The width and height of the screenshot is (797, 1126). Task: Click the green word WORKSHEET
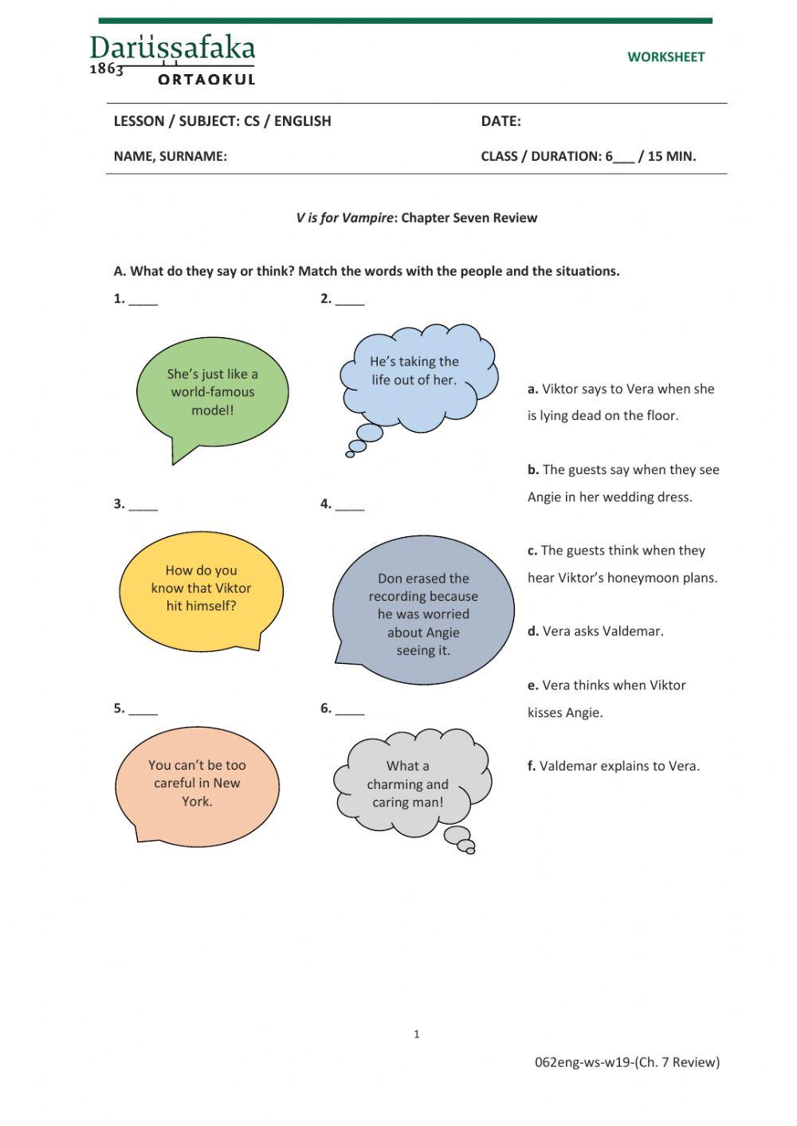tap(665, 57)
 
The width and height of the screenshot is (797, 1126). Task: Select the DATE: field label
tap(501, 121)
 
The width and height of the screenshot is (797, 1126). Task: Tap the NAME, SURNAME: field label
tap(170, 156)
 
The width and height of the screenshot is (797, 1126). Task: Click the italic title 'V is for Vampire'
tap(344, 218)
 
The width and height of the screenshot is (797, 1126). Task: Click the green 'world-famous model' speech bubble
tap(212, 392)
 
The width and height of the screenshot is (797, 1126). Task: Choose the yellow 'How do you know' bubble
tap(201, 589)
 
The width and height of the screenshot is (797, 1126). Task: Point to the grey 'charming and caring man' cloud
tap(408, 784)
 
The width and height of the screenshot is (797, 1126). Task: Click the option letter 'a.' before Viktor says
tap(532, 389)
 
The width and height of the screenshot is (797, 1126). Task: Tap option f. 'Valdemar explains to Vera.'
tap(613, 766)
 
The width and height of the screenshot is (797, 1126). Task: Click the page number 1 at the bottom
tap(416, 1034)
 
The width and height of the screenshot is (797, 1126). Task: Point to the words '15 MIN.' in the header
tap(671, 156)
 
